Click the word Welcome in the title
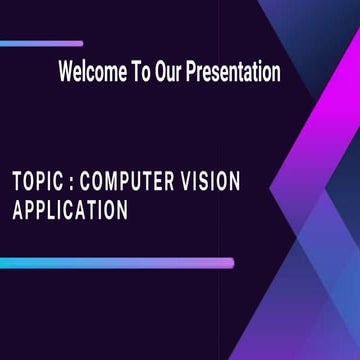[x=92, y=73]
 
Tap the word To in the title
[x=141, y=73]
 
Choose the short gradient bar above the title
[x=41, y=43]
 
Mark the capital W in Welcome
[x=66, y=73]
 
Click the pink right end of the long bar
[x=228, y=263]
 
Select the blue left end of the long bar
[x=5, y=263]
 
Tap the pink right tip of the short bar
[x=79, y=43]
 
